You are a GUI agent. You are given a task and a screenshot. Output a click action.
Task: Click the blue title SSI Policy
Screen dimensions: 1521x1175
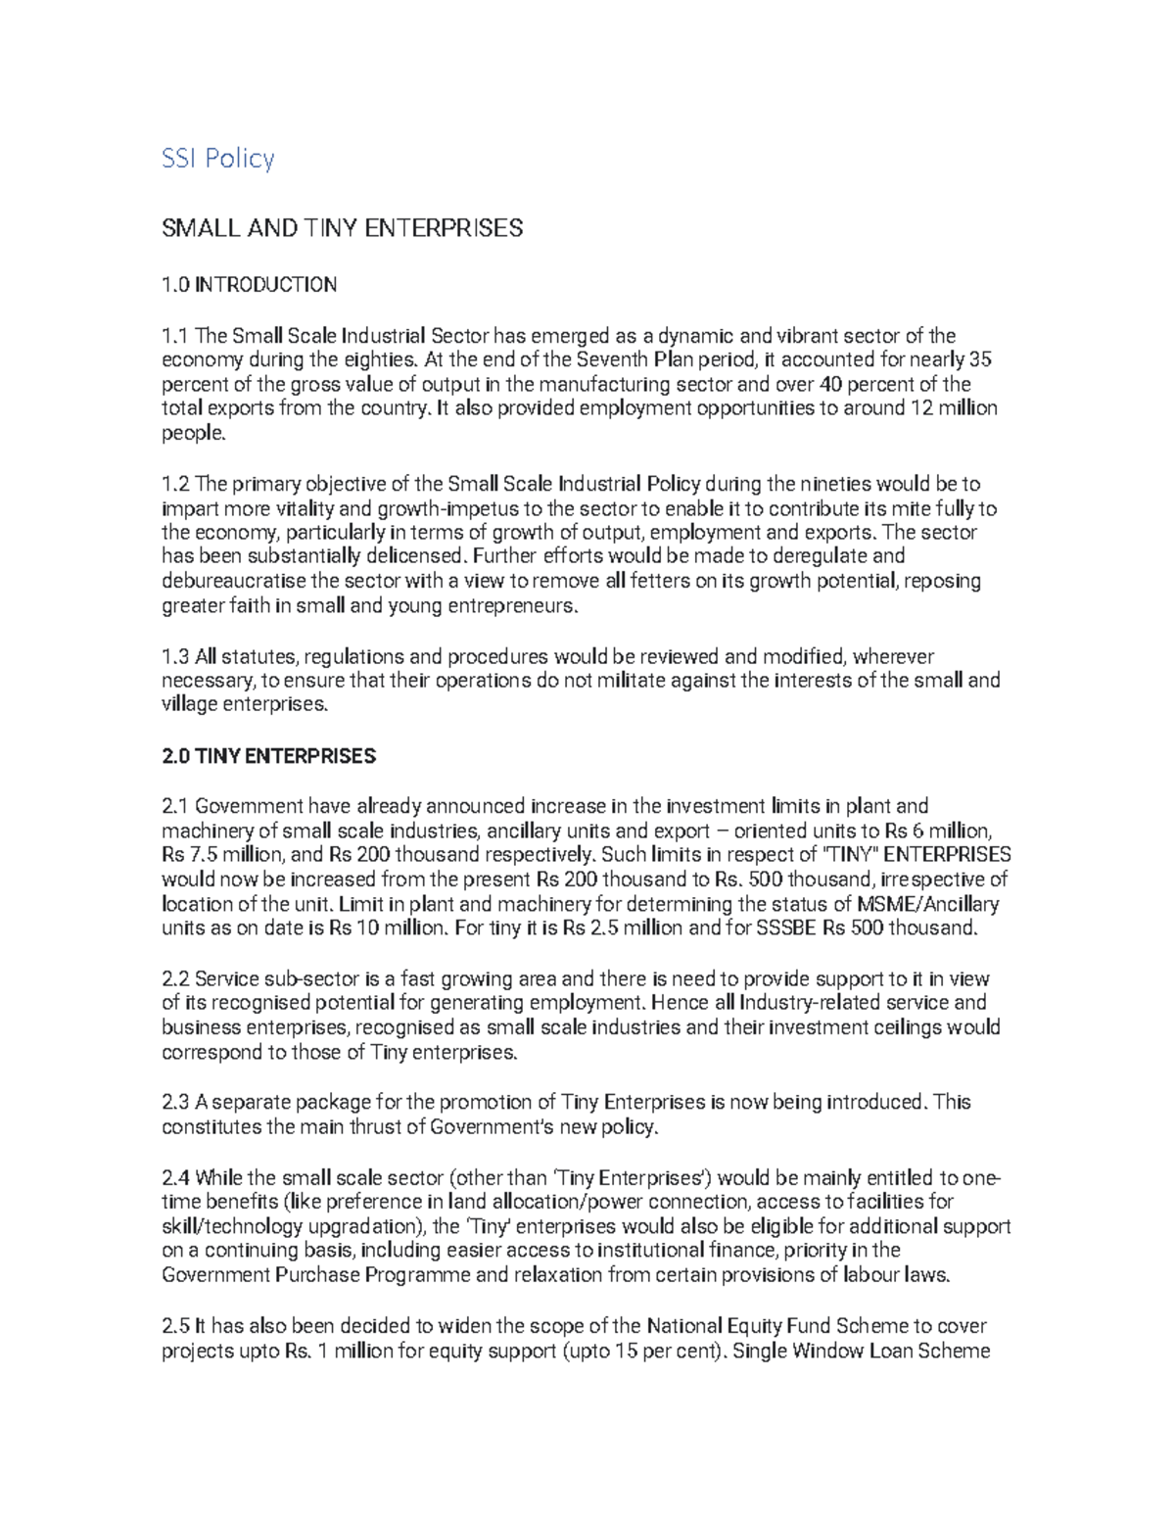click(x=217, y=158)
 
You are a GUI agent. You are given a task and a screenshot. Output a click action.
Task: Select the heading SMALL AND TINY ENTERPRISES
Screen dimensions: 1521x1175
click(x=342, y=228)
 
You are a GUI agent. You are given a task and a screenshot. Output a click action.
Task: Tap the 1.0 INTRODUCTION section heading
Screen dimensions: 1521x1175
click(x=249, y=285)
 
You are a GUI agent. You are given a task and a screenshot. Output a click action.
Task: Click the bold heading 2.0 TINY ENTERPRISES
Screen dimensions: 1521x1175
click(x=268, y=756)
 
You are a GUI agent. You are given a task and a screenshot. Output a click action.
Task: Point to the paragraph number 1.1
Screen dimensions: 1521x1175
click(x=175, y=336)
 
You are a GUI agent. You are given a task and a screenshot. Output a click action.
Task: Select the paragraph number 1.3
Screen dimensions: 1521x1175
click(x=175, y=656)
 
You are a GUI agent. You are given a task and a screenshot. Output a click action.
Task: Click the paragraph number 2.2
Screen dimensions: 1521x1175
click(x=175, y=978)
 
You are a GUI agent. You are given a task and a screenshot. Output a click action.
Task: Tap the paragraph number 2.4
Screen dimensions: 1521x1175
click(x=176, y=1177)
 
